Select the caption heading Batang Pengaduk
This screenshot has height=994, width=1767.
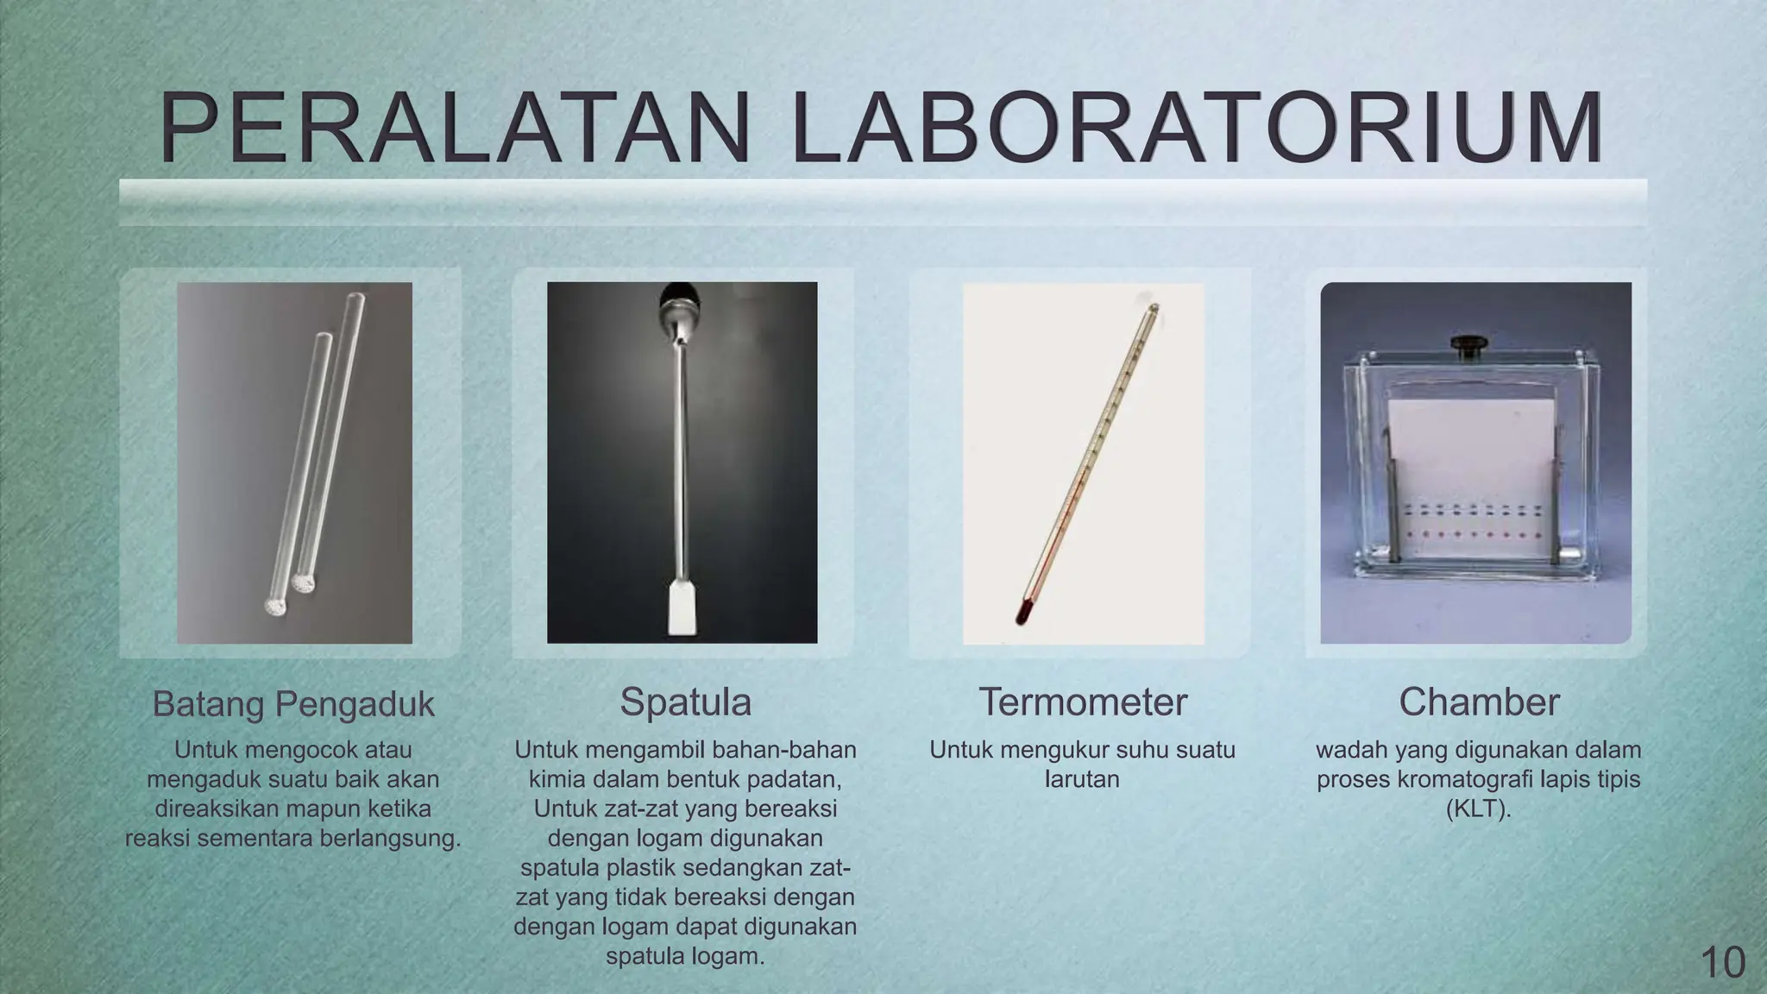pos(293,704)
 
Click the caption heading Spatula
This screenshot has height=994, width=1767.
pos(685,702)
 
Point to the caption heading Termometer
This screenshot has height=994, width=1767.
pos(1082,702)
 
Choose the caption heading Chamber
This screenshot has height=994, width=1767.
pos(1479,702)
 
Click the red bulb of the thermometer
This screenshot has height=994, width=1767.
pos(1023,614)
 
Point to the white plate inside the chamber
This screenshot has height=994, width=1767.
pos(1466,466)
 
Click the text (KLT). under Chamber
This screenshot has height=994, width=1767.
pos(1479,808)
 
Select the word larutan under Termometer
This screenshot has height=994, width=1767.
pos(1082,779)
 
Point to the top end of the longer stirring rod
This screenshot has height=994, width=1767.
pos(355,299)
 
